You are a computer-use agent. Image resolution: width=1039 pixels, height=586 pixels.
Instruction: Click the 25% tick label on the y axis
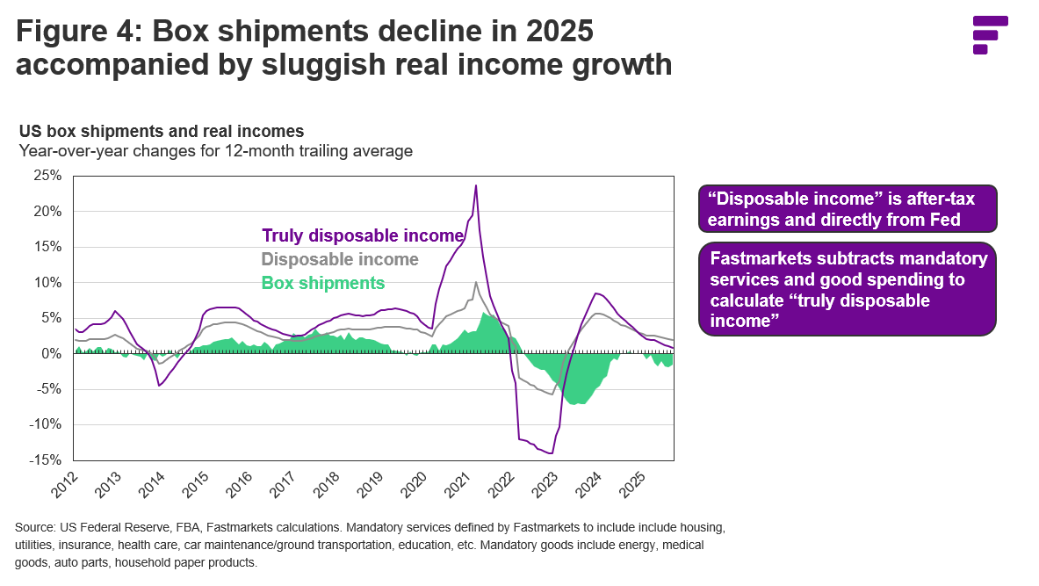pyautogui.click(x=48, y=176)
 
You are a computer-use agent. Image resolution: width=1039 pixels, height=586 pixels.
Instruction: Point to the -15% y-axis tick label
pyautogui.click(x=46, y=459)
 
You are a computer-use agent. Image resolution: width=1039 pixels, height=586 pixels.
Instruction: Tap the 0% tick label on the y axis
pyautogui.click(x=52, y=353)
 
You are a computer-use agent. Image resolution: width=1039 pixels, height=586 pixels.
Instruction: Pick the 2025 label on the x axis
pyautogui.click(x=629, y=483)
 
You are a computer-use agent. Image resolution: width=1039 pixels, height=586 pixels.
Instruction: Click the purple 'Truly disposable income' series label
pyautogui.click(x=362, y=235)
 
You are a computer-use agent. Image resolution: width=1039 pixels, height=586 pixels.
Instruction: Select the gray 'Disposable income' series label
pyautogui.click(x=340, y=260)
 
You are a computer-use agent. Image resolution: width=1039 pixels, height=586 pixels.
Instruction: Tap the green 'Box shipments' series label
pyautogui.click(x=323, y=284)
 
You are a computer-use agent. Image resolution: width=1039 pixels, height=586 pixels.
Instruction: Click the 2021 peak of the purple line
pyautogui.click(x=476, y=185)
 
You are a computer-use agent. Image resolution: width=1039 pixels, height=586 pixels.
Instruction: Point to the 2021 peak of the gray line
pyautogui.click(x=475, y=282)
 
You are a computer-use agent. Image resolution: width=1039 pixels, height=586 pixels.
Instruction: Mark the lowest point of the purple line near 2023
pyautogui.click(x=551, y=453)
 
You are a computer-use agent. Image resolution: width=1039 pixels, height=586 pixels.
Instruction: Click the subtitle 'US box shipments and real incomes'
pyautogui.click(x=162, y=132)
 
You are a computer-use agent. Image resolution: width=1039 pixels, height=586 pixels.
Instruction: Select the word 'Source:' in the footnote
pyautogui.click(x=36, y=528)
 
